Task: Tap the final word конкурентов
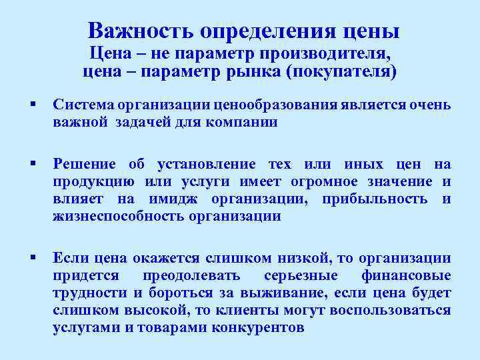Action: [x=257, y=328]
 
